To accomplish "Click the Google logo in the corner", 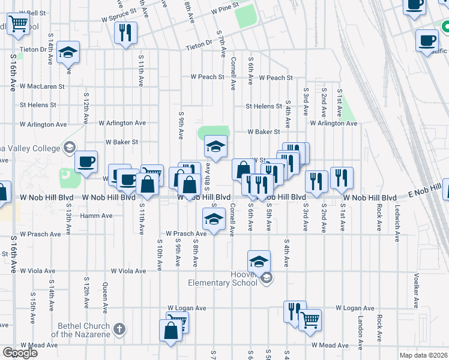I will click(x=20, y=353).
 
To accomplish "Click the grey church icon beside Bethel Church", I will click(x=119, y=328).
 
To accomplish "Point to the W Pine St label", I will click(x=224, y=11).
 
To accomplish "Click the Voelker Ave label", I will click(x=416, y=290).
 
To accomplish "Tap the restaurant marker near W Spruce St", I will click(x=125, y=32).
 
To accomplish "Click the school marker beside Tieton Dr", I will click(x=69, y=52).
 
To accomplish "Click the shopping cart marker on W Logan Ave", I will click(x=310, y=319).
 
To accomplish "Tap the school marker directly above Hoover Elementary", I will click(x=259, y=261).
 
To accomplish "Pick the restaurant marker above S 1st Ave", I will click(x=342, y=177).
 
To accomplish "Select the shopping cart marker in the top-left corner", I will click(x=19, y=23).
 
